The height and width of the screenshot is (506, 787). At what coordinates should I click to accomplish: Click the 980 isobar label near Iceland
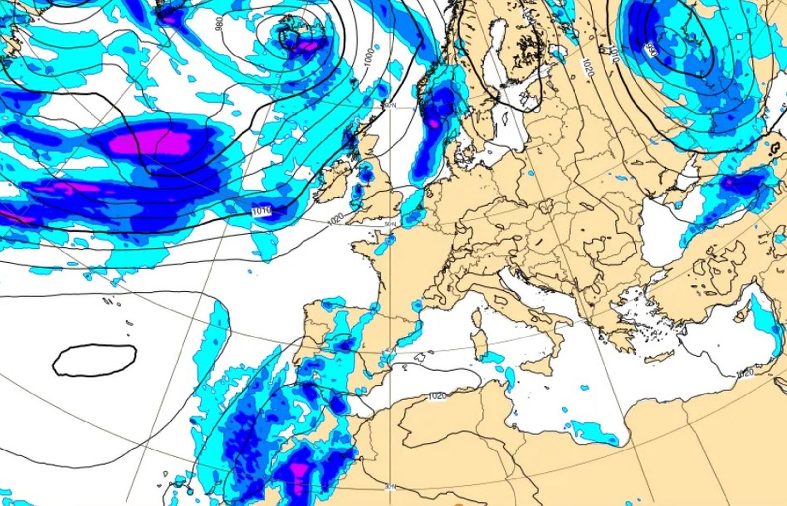tap(220, 23)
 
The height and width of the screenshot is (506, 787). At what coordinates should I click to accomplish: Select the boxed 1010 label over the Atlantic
tap(261, 211)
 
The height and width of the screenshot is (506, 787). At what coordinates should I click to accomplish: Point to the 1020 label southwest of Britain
tap(335, 218)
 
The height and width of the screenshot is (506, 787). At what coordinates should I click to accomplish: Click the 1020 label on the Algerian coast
tap(437, 396)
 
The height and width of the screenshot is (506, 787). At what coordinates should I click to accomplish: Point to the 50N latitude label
tap(390, 224)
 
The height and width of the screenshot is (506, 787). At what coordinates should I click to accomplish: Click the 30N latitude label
tap(390, 487)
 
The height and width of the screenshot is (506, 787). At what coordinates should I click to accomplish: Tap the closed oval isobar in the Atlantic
tap(94, 361)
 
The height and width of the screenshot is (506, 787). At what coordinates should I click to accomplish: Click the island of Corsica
tap(477, 316)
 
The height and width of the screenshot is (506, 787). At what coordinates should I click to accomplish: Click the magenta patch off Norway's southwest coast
tap(433, 122)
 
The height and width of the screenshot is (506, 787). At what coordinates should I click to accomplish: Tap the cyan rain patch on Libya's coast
tap(595, 432)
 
